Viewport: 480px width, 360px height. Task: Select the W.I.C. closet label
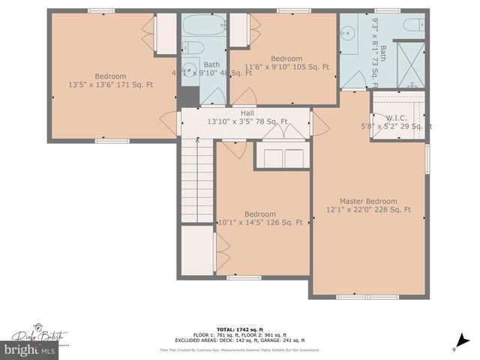coord(397,118)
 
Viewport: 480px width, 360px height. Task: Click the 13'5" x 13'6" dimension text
coord(111,85)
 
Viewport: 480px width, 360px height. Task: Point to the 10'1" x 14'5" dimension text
coord(259,222)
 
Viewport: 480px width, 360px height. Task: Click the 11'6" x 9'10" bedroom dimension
coord(286,67)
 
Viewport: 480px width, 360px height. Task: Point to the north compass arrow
coord(454,347)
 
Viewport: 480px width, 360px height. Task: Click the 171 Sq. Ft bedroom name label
coord(110,76)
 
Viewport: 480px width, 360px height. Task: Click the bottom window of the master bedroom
coord(357,297)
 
